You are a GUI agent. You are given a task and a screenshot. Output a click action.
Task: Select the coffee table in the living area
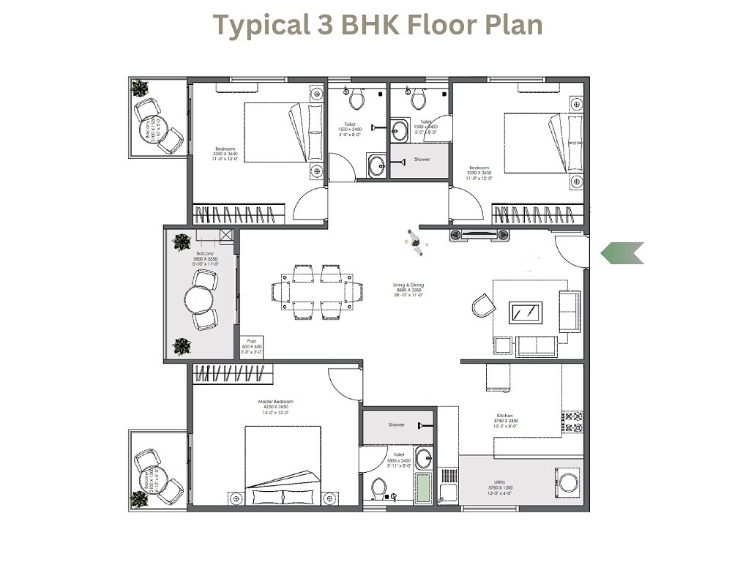[526, 313]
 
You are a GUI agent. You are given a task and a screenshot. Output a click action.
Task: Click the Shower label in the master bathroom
[397, 424]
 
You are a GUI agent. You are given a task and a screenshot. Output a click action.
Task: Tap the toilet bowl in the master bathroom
[379, 487]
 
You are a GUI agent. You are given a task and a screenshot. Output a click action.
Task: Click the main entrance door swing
[570, 252]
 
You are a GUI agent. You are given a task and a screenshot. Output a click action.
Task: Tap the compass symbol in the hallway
[416, 242]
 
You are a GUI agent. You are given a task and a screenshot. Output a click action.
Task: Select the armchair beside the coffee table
[483, 304]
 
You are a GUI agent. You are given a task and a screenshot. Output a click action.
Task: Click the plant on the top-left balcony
[139, 89]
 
